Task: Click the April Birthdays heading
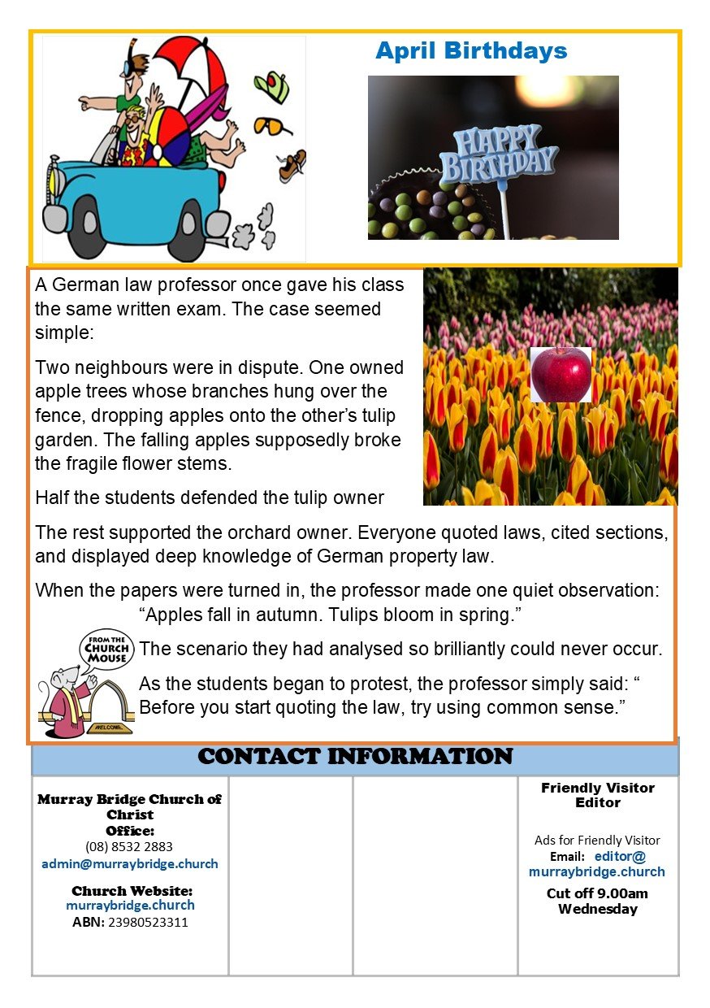[471, 51]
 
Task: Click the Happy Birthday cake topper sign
[498, 154]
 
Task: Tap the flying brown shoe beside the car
[292, 165]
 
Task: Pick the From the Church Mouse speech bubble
[108, 647]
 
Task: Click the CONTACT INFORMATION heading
[355, 757]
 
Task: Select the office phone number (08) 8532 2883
[129, 846]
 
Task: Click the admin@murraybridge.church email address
[130, 864]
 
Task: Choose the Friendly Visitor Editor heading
[598, 795]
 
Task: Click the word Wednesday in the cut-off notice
[598, 909]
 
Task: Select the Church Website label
[132, 891]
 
